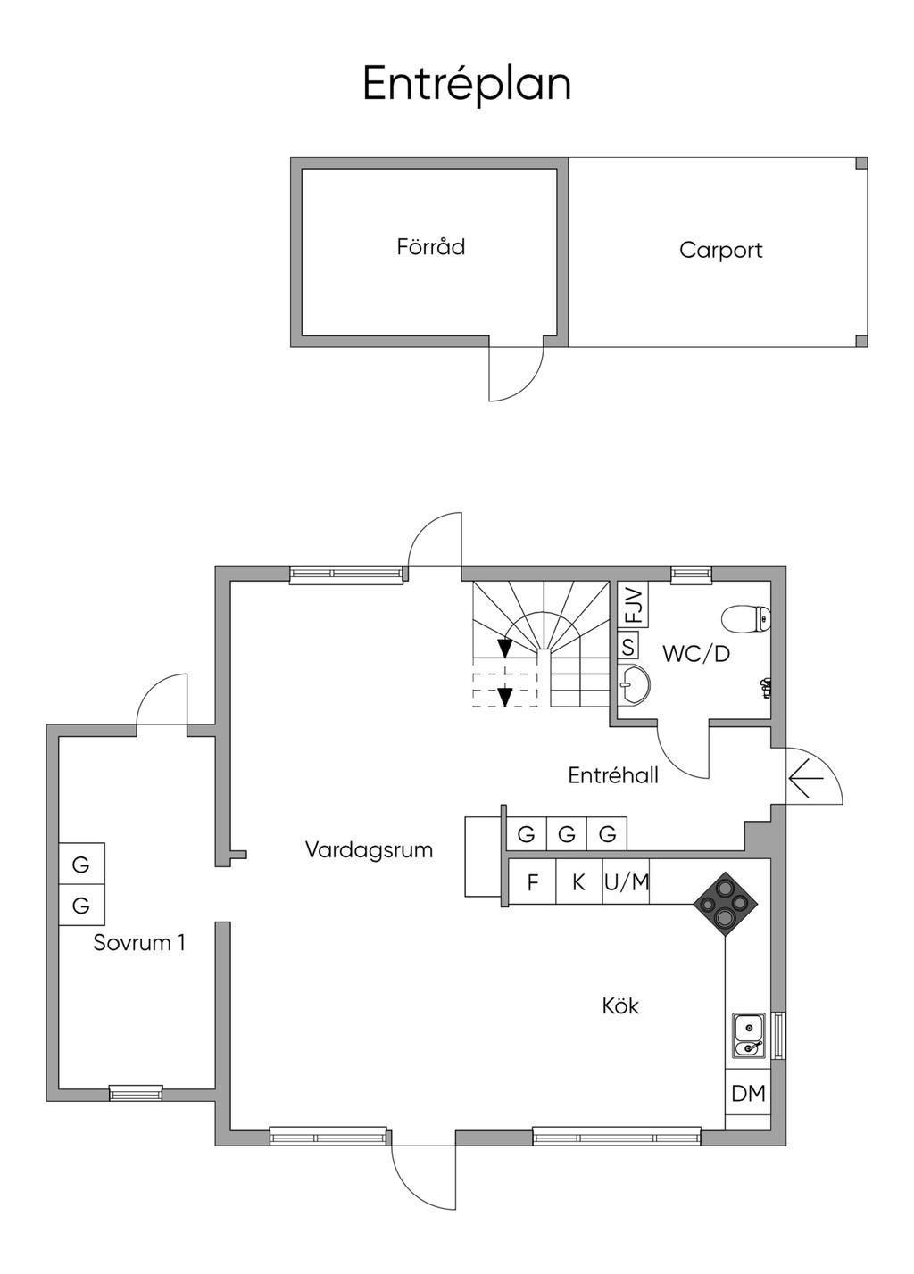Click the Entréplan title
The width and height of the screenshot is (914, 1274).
point(466,85)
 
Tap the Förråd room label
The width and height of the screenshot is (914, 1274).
point(431,246)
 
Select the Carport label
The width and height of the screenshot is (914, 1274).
point(720,250)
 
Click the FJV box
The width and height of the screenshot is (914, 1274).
point(633,606)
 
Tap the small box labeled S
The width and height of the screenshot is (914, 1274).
point(628,646)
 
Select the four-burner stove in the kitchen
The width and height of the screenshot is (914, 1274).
point(726,904)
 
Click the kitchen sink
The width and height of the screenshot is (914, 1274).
point(748,1035)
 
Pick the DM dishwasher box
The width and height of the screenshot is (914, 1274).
point(748,1093)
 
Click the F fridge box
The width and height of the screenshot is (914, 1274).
point(533,882)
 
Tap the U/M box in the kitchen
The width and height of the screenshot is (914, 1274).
point(627,882)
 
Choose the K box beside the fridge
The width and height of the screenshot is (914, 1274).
point(578,882)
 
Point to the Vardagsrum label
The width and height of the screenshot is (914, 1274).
point(369,849)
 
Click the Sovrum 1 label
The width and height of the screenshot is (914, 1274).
point(139,942)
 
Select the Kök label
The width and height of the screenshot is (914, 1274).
point(620,1006)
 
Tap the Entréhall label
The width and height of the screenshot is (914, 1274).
point(613,775)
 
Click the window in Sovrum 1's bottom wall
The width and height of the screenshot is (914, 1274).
point(136,1092)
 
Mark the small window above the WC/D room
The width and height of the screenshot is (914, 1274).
point(691,575)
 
